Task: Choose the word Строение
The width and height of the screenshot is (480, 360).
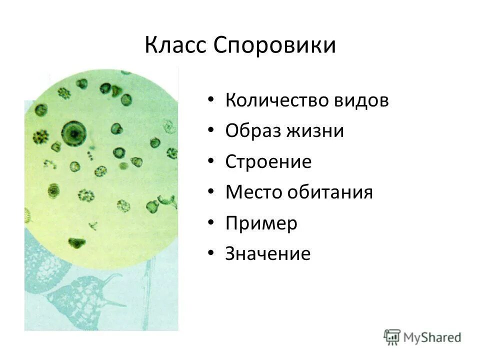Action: [x=268, y=161]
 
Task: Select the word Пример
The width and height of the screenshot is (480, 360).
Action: [x=261, y=223]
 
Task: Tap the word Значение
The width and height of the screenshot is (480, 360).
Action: [x=268, y=253]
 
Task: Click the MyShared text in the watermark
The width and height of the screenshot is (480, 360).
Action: [x=432, y=337]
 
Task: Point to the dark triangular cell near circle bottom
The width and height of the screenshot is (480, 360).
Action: [x=76, y=243]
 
